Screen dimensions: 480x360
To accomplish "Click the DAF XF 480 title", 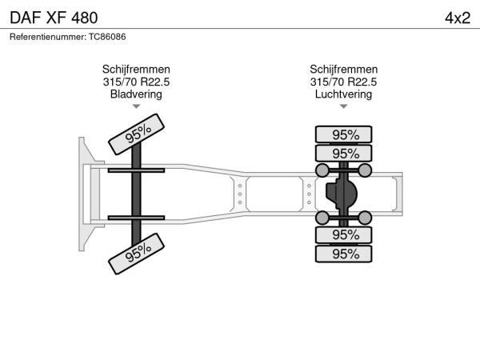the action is [x=54, y=18].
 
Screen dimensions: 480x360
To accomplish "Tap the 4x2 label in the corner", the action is [x=458, y=18].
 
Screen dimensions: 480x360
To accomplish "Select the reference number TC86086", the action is [x=107, y=37].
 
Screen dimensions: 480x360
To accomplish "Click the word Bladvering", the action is [x=136, y=94].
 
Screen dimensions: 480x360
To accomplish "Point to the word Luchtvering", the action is [x=343, y=94].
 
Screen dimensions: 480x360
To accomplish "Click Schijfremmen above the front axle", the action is [x=136, y=69].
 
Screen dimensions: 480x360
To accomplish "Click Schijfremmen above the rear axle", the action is [x=343, y=69].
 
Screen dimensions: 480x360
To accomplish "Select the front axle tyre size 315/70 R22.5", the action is [x=136, y=82].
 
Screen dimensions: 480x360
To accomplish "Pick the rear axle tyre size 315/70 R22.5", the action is [x=343, y=82].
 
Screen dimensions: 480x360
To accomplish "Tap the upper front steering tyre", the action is [x=136, y=134].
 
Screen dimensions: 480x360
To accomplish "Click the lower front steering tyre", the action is [x=136, y=254].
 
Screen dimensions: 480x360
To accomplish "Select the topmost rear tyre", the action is [x=343, y=134].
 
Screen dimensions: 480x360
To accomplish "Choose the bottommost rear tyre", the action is [x=343, y=254].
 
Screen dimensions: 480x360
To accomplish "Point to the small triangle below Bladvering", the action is [x=136, y=106].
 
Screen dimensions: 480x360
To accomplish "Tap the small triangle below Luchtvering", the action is [x=343, y=106].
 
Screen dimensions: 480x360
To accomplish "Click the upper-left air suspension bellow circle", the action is [x=322, y=170].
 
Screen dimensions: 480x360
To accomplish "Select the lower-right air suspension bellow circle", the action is [x=365, y=218].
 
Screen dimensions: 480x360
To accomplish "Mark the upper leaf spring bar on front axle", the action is [x=136, y=170].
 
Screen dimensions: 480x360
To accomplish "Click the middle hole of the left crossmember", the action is [x=240, y=194].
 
